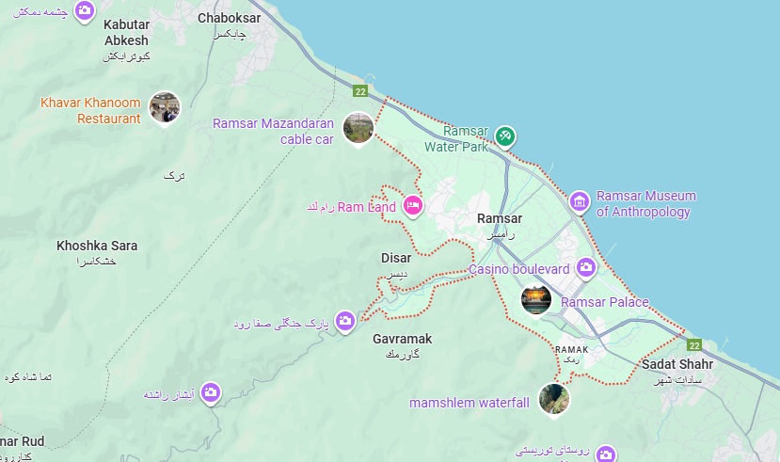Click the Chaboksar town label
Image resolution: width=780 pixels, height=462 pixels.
point(222,18)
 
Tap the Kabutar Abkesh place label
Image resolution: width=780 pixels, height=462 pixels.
point(126,34)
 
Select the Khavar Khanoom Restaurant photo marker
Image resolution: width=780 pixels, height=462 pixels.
point(164,107)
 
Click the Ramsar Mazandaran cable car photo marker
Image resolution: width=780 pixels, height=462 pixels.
point(358,127)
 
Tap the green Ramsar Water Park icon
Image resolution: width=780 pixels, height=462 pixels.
point(505,137)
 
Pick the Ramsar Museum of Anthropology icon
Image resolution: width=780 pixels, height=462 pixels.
point(580,200)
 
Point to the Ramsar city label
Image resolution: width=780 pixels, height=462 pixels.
point(500,219)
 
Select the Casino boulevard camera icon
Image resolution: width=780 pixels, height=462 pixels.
point(587,269)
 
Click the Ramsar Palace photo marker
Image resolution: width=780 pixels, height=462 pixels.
point(535,299)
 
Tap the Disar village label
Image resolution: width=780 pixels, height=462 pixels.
point(396,258)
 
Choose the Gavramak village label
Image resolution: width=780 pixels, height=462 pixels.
point(402,338)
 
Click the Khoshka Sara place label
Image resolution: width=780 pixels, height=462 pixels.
point(97,246)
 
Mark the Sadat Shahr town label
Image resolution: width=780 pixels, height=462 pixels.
point(677,364)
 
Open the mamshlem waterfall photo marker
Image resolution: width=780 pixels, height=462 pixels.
point(553,399)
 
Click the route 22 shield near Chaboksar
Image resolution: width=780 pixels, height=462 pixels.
point(360,91)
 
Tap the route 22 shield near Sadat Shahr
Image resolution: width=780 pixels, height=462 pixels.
point(694,345)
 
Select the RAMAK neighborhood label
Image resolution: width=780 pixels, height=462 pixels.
point(572,349)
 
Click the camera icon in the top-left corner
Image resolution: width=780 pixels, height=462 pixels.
point(85,10)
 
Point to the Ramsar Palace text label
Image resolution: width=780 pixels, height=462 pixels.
point(604,302)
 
